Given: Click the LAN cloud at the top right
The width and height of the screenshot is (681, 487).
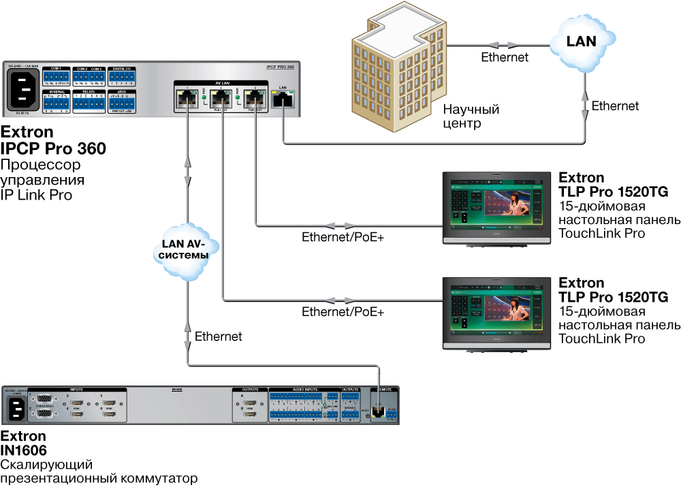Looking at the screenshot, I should click(582, 42).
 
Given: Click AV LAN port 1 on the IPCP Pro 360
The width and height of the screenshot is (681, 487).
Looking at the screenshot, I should click(185, 99).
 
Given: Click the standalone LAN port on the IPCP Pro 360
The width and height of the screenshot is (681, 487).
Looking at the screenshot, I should click(282, 100).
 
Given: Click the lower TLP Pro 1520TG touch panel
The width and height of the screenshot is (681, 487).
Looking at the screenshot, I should click(494, 311).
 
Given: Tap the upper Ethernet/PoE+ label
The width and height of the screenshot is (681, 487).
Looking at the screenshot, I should click(343, 238).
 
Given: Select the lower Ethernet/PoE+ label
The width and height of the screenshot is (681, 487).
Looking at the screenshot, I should click(343, 313).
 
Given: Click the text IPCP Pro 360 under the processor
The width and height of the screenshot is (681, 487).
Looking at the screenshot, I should click(53, 148).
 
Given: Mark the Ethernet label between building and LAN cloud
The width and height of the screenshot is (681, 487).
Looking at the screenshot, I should click(505, 57).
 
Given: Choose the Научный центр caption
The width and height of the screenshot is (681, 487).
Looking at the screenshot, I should click(471, 116).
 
